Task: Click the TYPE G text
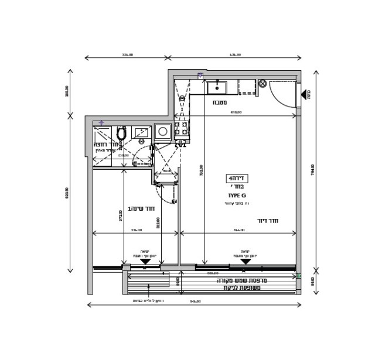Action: coord(237,195)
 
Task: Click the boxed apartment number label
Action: coord(237,179)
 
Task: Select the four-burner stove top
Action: coord(182,131)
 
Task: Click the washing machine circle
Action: coord(162,132)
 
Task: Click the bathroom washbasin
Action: coord(141,133)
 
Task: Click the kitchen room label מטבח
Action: coord(220,102)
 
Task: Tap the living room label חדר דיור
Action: coord(267,221)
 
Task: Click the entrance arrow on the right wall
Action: coord(305,94)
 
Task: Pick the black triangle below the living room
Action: coord(246,262)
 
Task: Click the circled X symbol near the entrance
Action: coord(262,84)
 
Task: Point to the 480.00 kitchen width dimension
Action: coord(236,112)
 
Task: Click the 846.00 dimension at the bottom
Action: coord(195,301)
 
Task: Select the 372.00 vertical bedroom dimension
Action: coord(121,216)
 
